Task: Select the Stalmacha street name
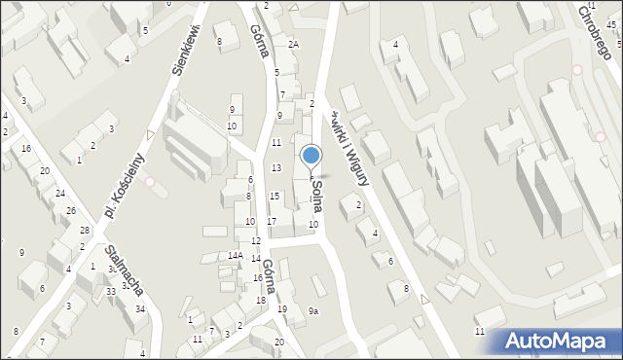(127, 270)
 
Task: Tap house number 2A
(293, 45)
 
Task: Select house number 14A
(235, 255)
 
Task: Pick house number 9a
(313, 311)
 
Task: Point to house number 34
(141, 309)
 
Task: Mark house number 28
(85, 230)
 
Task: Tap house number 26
(71, 210)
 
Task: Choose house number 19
(282, 309)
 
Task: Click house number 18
(261, 300)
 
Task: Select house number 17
(272, 222)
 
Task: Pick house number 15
(275, 197)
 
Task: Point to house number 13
(276, 168)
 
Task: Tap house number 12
(255, 240)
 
